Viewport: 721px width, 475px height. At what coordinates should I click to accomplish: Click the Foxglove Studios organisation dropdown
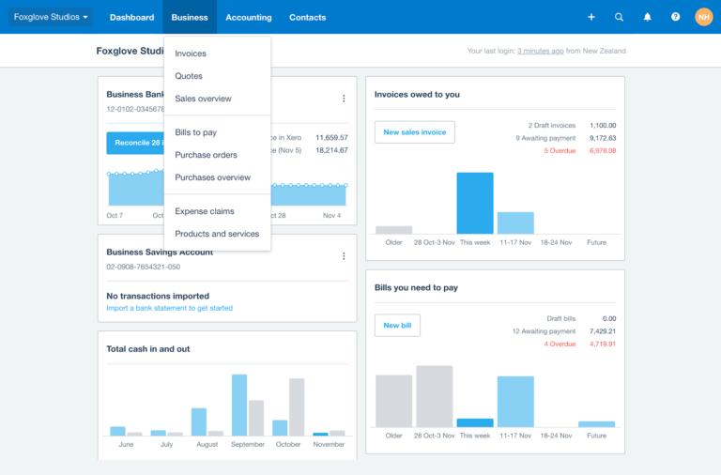(x=52, y=17)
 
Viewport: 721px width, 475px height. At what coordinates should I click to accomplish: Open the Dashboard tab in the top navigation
(x=131, y=17)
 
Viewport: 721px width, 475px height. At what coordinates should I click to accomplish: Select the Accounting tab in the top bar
(x=249, y=17)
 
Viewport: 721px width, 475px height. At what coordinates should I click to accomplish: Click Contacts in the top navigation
(x=308, y=17)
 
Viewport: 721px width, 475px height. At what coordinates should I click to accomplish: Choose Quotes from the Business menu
(x=189, y=76)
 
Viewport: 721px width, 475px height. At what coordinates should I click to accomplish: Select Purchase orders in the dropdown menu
(x=206, y=155)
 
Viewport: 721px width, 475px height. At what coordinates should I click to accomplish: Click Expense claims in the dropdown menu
(x=205, y=211)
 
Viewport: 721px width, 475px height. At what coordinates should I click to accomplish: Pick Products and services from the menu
(x=217, y=234)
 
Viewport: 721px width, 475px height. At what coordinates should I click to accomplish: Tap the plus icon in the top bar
(x=591, y=17)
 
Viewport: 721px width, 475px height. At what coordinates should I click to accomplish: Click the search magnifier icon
(x=619, y=17)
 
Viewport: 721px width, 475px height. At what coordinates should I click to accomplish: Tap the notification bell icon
(x=647, y=17)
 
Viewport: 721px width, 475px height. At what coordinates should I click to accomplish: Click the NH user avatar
(x=703, y=17)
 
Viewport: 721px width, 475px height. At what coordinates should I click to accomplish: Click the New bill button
(x=397, y=325)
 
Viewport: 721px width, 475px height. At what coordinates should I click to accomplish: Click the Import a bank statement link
(x=170, y=308)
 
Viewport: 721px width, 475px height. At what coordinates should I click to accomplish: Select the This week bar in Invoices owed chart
(x=475, y=203)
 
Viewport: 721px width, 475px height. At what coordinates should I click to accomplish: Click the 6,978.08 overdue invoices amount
(x=602, y=150)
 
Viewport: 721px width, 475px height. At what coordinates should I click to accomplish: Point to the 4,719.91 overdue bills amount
(x=602, y=344)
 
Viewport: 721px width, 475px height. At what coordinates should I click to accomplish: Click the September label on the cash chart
(x=248, y=444)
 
